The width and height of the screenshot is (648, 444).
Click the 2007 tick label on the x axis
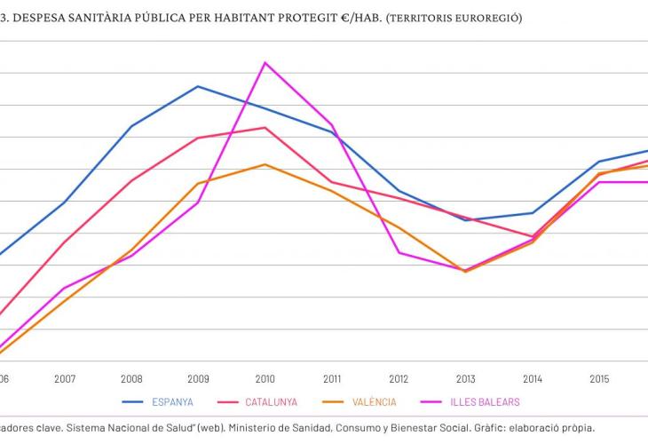pyautogui.click(x=65, y=378)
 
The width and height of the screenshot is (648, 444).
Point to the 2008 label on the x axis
pyautogui.click(x=131, y=378)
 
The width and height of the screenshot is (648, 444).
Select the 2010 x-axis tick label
pyautogui.click(x=265, y=378)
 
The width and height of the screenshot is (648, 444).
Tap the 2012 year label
pyautogui.click(x=399, y=378)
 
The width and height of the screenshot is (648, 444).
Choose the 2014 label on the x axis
pyautogui.click(x=533, y=378)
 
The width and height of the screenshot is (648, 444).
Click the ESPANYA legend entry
pyautogui.click(x=170, y=402)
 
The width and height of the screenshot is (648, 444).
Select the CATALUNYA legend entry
pyautogui.click(x=271, y=402)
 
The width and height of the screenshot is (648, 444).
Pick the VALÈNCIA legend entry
pyautogui.click(x=372, y=402)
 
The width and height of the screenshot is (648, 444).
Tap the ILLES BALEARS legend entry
pyautogui.click(x=485, y=402)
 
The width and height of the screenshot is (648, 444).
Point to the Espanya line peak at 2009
pyautogui.click(x=198, y=86)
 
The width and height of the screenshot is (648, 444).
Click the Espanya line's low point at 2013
pyautogui.click(x=465, y=219)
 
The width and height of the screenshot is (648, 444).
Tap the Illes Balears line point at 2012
pyautogui.click(x=399, y=252)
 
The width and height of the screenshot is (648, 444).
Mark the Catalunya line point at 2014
pyautogui.click(x=533, y=236)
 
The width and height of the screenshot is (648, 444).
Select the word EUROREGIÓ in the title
pyautogui.click(x=483, y=19)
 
